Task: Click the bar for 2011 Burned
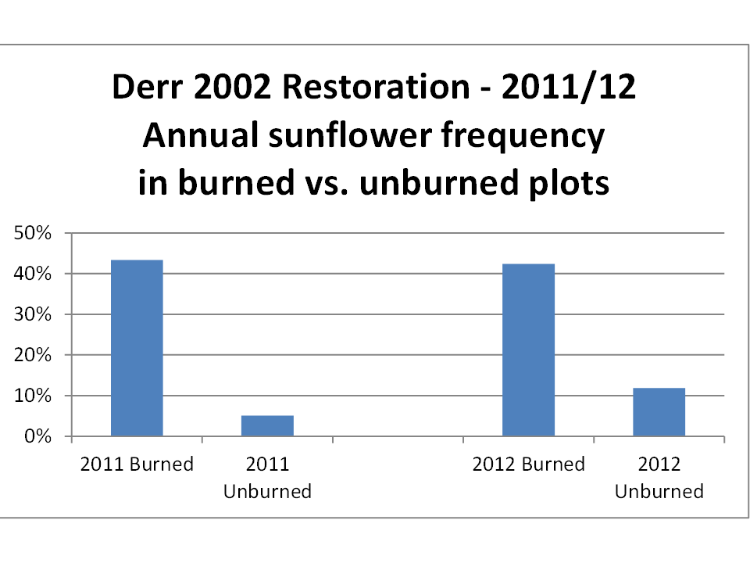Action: coord(137,348)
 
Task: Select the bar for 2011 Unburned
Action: coord(267,425)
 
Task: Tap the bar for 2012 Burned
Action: coord(528,350)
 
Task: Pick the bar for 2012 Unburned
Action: coord(659,411)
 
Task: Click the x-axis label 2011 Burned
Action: coord(137,464)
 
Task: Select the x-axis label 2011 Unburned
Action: coord(267,478)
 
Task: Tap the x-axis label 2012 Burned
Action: coord(528,464)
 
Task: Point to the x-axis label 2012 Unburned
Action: coord(659,478)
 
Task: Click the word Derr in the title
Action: coord(145,88)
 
